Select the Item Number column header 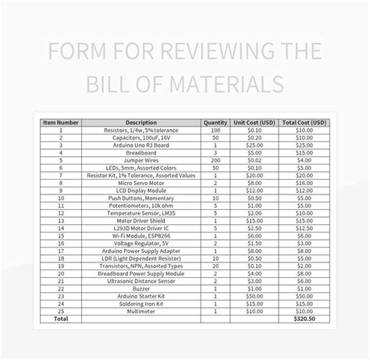click(60, 123)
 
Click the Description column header click(141, 123)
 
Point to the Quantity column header click(215, 123)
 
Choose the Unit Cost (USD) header click(254, 123)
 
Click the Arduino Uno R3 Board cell click(141, 145)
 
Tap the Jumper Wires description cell click(141, 160)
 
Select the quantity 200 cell click(215, 160)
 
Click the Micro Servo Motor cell click(141, 182)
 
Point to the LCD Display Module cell click(141, 190)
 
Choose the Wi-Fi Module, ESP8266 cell click(141, 234)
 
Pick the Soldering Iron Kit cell click(141, 301)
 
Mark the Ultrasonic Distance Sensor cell click(141, 279)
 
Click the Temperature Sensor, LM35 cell click(141, 212)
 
